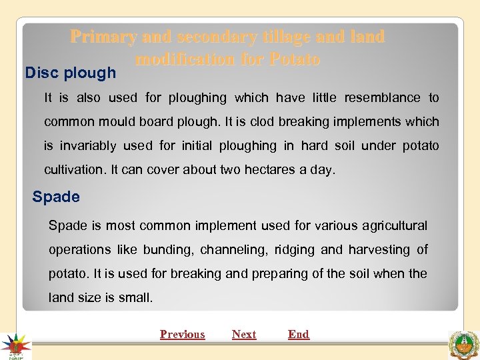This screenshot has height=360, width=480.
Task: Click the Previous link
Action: pyautogui.click(x=182, y=335)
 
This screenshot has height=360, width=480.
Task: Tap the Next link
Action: pyautogui.click(x=244, y=335)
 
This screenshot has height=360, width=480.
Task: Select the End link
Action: pyautogui.click(x=299, y=335)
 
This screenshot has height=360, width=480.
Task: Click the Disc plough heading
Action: pyautogui.click(x=70, y=73)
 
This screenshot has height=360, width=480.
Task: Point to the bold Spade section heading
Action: pyautogui.click(x=56, y=197)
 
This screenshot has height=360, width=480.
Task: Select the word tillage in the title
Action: pyautogui.click(x=281, y=37)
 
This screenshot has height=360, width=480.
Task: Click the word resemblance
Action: pyautogui.click(x=382, y=98)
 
